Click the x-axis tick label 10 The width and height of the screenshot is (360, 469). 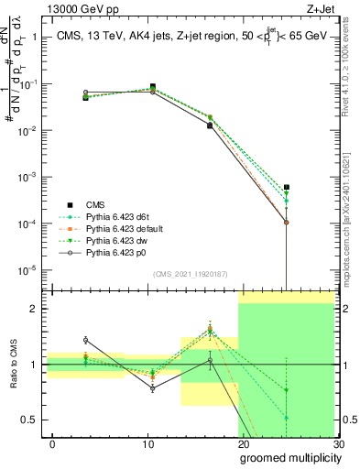point(147,443)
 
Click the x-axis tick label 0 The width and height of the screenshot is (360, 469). point(52,443)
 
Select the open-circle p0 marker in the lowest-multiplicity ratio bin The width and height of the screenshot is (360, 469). point(85,339)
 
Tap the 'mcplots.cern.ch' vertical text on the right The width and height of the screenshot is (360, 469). point(349,247)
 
